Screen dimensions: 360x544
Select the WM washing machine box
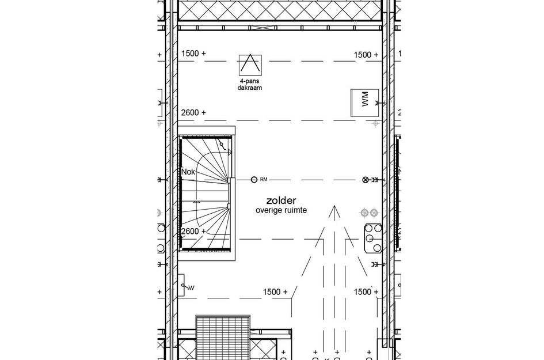pos(364,104)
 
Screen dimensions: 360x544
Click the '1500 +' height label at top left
pos(193,54)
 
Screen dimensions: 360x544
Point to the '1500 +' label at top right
pos(366,55)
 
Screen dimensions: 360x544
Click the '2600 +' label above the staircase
pos(193,113)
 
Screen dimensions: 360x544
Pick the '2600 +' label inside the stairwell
pos(193,232)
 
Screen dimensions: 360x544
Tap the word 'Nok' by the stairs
pos(188,172)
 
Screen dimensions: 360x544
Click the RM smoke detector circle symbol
pos(254,180)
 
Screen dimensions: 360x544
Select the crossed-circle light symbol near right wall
pos(364,180)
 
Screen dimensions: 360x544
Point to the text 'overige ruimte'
pos(280,211)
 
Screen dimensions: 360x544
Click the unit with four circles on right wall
pos(372,237)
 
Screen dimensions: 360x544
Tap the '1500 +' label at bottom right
pos(366,292)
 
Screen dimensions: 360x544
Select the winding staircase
pos(207,194)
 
